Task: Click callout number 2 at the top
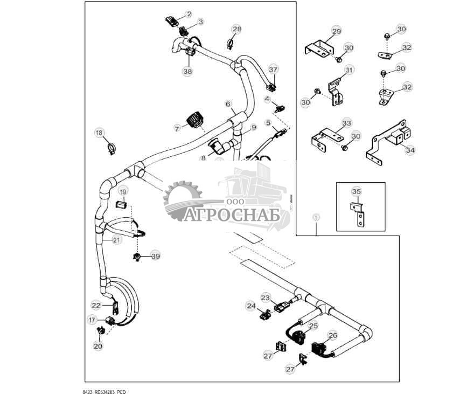click(189, 13)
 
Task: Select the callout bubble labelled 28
click(237, 29)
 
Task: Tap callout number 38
click(187, 71)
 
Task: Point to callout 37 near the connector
click(273, 70)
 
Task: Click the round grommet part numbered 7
click(195, 121)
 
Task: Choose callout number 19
click(123, 191)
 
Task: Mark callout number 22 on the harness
click(96, 305)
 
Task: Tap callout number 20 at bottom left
click(97, 346)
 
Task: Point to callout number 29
click(336, 32)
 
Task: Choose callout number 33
click(346, 123)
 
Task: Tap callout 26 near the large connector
click(332, 335)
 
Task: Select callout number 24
click(251, 306)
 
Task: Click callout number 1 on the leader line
click(316, 216)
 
